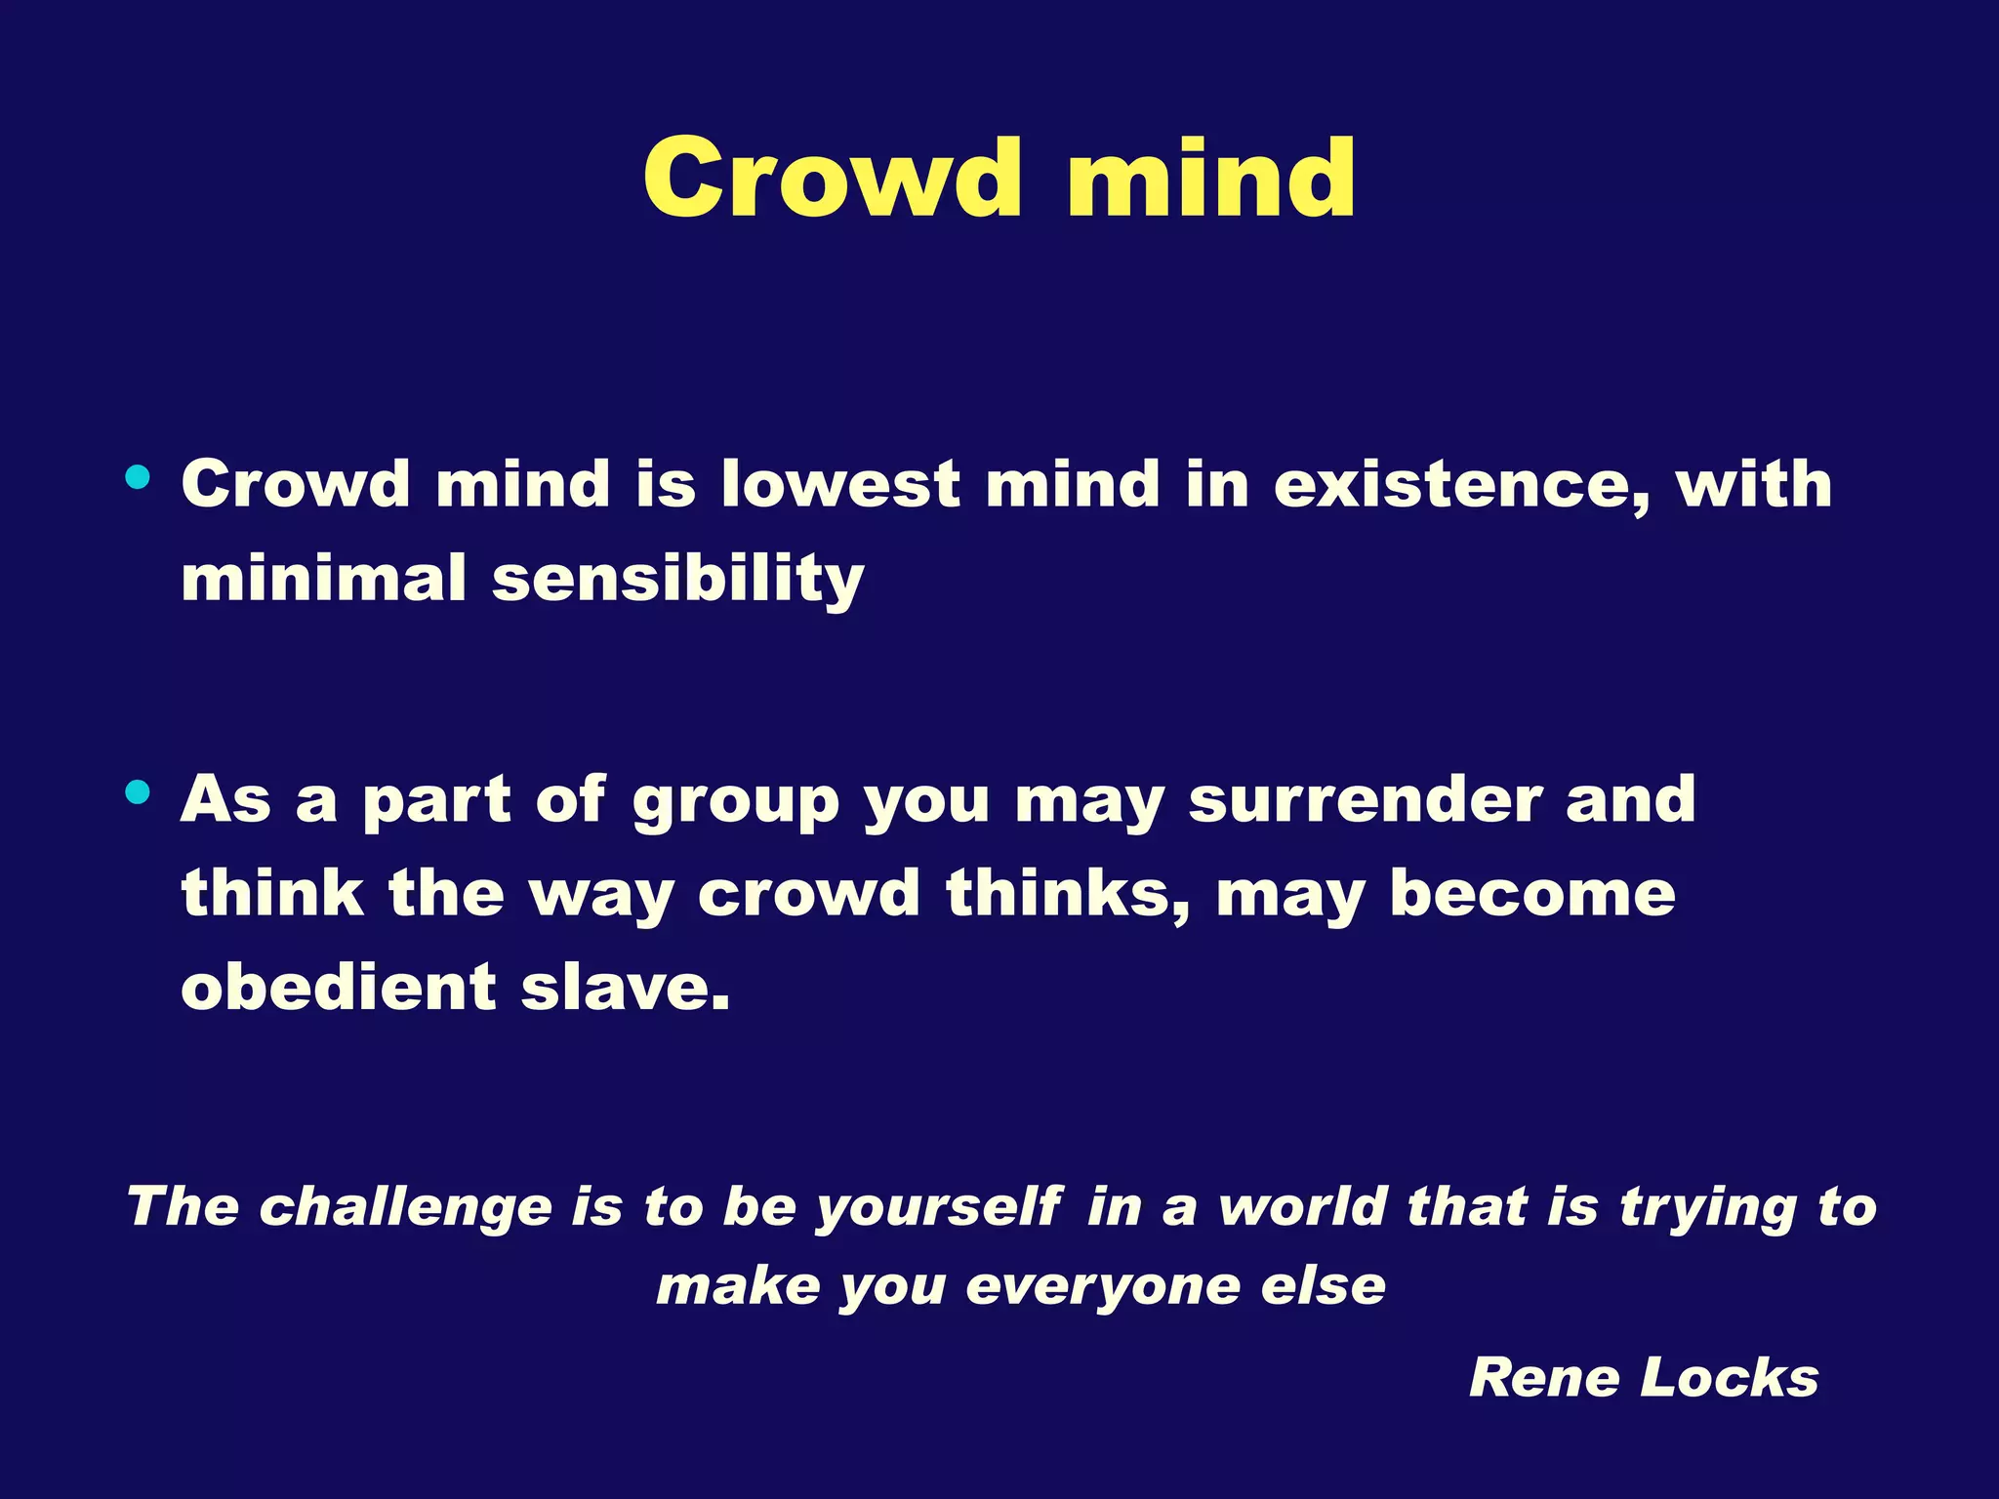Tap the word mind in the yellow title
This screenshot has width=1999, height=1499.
tap(1211, 178)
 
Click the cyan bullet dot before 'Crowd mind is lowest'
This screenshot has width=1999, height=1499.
tap(138, 478)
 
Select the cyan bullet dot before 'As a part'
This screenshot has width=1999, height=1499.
tap(138, 792)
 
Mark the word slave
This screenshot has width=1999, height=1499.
tap(625, 987)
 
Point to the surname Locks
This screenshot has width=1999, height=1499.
tap(1729, 1378)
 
